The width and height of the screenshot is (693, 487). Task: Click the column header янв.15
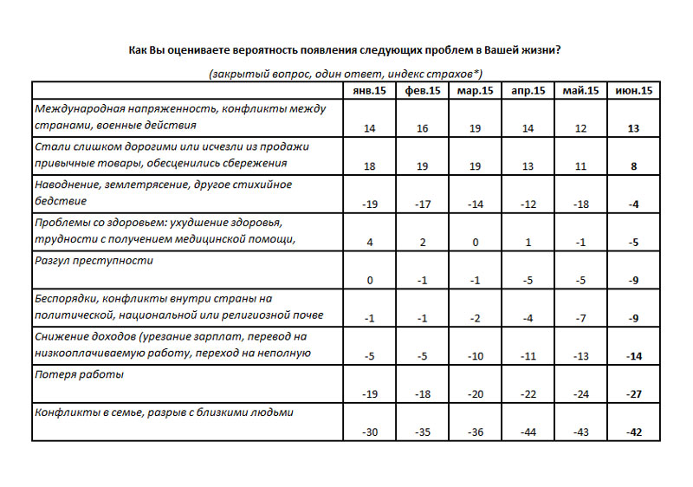(370, 92)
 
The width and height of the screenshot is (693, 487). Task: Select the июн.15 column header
(634, 92)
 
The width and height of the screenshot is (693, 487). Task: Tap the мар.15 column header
(476, 92)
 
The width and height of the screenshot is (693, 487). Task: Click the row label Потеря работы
(79, 374)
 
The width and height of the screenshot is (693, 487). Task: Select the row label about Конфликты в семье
(164, 412)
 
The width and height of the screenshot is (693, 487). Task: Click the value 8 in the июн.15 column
(634, 166)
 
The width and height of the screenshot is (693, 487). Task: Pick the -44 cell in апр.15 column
(528, 432)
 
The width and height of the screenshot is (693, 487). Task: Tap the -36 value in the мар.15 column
(476, 432)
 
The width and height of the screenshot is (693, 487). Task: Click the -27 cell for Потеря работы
(634, 394)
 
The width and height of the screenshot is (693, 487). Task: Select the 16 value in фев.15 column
(423, 128)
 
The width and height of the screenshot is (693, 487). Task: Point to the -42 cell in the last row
(634, 432)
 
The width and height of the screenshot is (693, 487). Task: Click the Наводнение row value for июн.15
(634, 205)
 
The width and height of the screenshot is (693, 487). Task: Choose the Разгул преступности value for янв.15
(370, 280)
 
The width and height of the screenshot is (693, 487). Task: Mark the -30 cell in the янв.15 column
(370, 432)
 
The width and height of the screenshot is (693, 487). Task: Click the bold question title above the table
(346, 49)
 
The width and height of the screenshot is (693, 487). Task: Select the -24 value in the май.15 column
(581, 394)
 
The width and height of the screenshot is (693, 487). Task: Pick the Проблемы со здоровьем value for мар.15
(476, 243)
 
